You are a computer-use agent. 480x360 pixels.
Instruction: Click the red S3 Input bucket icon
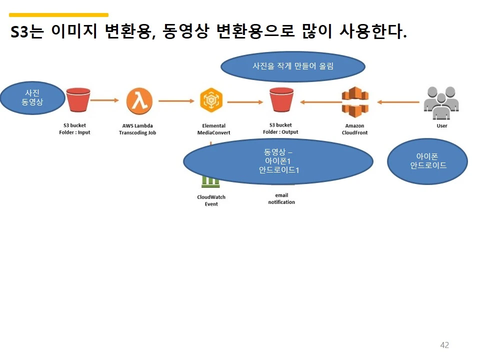[78, 99]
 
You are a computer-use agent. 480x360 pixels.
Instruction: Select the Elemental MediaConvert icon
[211, 100]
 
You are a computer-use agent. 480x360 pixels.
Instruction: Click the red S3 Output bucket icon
[281, 99]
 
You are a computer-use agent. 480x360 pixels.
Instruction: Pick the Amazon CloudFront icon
[354, 101]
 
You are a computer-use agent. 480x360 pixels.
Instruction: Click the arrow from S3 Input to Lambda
[105, 100]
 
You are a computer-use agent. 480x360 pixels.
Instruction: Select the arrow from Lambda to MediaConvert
[176, 101]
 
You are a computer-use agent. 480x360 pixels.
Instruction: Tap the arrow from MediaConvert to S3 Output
[245, 102]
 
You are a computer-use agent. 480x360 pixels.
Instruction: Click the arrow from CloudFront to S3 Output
[320, 102]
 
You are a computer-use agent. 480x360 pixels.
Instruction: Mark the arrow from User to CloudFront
[398, 102]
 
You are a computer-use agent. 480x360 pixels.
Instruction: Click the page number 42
[444, 345]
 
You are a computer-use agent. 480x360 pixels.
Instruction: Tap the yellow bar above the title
[59, 15]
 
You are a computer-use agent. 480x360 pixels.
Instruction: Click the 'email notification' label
[281, 198]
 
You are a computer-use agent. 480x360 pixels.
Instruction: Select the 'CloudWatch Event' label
[211, 200]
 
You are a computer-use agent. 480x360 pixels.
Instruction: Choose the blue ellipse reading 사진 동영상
[33, 98]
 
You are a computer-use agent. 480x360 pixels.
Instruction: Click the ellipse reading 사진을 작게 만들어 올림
[293, 66]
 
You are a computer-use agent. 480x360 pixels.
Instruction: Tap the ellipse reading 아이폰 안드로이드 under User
[427, 161]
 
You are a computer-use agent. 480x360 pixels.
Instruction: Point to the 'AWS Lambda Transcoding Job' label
[137, 129]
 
